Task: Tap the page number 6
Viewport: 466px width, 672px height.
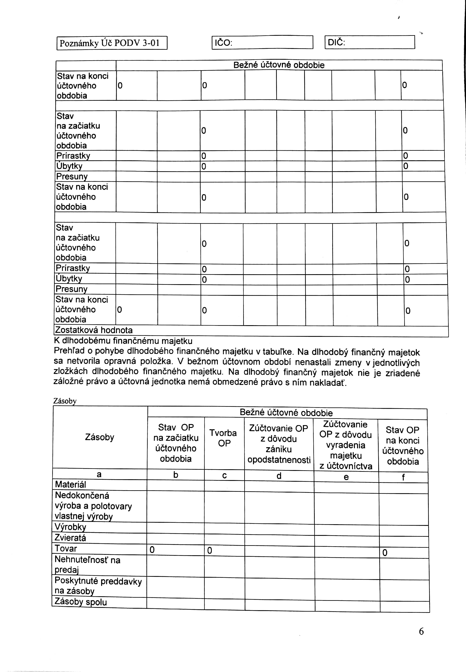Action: tap(421, 631)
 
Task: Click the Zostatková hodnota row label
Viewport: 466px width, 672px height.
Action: tap(94, 330)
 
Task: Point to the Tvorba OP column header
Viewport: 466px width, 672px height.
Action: tap(224, 438)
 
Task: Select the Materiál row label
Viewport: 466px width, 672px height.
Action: tap(71, 484)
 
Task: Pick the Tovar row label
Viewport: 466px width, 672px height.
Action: tap(66, 548)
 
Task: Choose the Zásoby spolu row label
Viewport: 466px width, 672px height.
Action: tap(81, 602)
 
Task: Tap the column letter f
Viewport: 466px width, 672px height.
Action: tap(403, 477)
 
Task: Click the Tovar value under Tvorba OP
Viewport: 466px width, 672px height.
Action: tap(210, 551)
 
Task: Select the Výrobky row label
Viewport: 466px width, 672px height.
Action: tap(70, 527)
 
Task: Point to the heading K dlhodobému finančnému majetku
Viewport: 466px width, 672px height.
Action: tap(123, 341)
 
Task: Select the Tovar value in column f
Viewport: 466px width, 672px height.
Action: tap(385, 553)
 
